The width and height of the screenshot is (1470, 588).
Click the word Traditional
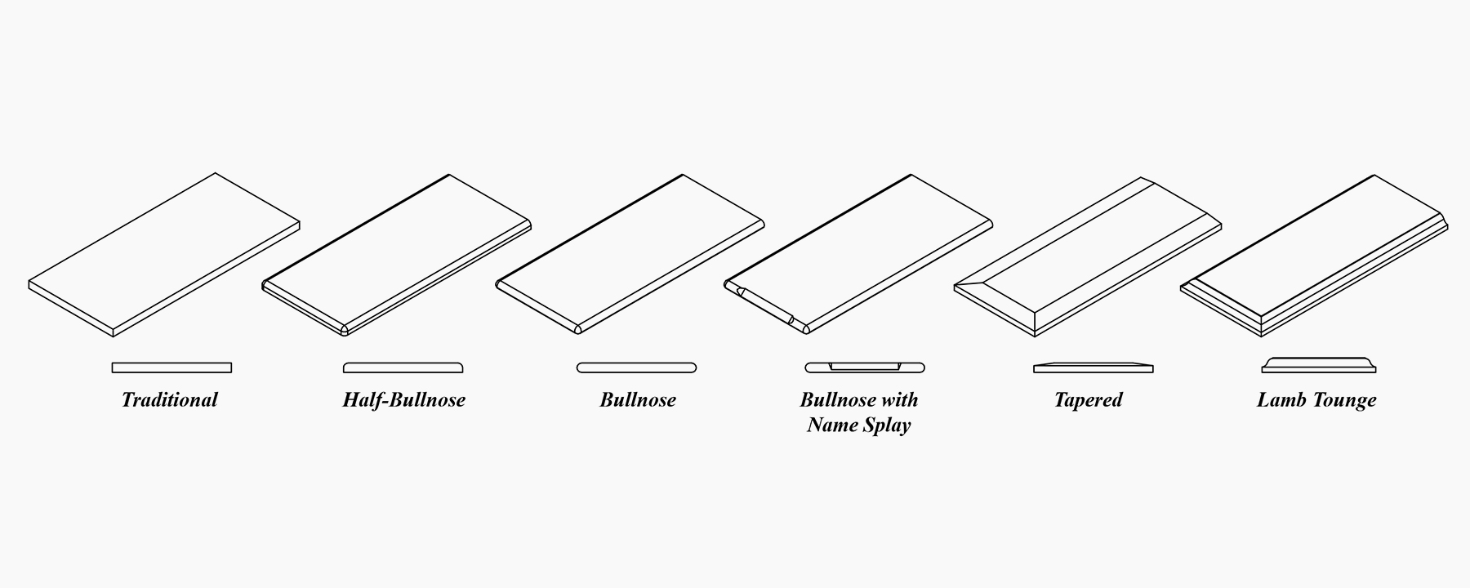coord(170,400)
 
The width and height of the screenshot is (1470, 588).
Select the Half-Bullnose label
coord(403,400)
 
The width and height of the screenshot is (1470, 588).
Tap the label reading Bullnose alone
coord(638,400)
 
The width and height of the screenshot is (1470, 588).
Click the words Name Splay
coord(858,425)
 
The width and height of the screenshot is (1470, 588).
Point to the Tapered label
coord(1088,400)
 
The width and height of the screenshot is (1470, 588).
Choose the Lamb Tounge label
coord(1316,400)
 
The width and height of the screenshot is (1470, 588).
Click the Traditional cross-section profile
coord(171,367)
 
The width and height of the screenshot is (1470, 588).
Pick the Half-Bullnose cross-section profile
coord(403,367)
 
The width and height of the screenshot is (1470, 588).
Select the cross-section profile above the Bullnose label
coord(636,367)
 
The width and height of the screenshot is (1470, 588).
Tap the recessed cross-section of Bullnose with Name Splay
coord(865,367)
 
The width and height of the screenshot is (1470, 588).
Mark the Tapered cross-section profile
coord(1093,367)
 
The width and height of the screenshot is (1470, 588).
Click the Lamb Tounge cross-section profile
coord(1318,365)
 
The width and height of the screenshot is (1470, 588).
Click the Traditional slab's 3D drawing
coord(164,253)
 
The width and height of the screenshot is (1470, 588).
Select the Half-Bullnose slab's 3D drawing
coord(397,253)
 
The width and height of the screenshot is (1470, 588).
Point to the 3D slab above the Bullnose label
coord(630,253)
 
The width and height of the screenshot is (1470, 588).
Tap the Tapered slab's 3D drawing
coord(1088,255)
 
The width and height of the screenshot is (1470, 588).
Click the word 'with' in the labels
coord(899,400)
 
